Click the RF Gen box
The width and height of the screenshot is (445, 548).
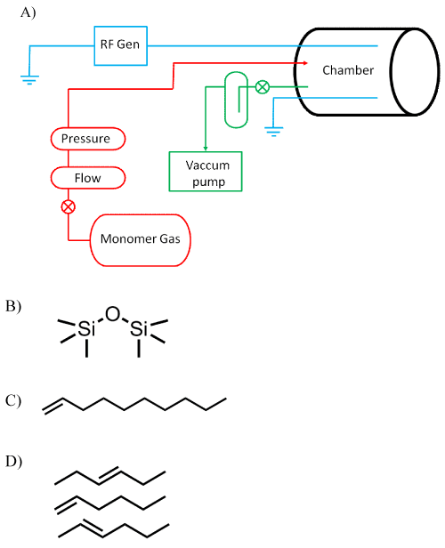(x=121, y=45)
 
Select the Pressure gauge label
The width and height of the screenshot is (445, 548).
(x=88, y=139)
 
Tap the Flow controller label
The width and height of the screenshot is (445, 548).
(x=88, y=178)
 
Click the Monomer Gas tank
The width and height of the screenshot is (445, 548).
(x=141, y=240)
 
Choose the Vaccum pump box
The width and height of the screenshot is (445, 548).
(x=206, y=172)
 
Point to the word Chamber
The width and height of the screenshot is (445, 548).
(x=348, y=70)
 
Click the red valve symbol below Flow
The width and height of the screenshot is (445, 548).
(x=69, y=207)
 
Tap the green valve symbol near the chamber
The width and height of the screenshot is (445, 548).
(x=263, y=86)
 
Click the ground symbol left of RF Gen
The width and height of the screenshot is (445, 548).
(x=29, y=80)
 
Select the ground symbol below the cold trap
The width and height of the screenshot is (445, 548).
(x=274, y=132)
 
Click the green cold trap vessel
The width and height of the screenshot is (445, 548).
(x=237, y=100)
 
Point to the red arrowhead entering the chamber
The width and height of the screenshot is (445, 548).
(x=305, y=63)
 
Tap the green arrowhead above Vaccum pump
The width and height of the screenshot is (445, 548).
(x=206, y=149)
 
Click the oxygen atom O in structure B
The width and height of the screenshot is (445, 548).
(x=112, y=314)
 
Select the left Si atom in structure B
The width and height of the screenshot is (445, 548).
(x=86, y=328)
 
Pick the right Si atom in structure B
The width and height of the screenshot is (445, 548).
(x=139, y=328)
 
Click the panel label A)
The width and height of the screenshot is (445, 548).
(x=28, y=13)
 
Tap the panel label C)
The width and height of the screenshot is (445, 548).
(x=13, y=400)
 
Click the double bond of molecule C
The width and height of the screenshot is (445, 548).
(x=53, y=406)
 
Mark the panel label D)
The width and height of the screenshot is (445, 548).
(x=13, y=462)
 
